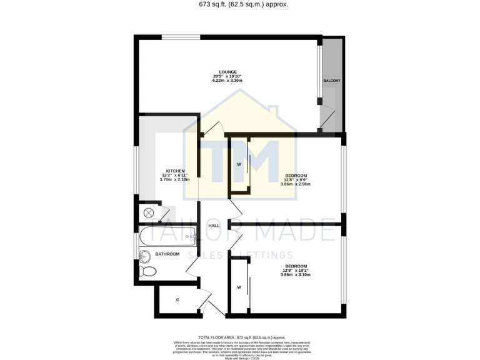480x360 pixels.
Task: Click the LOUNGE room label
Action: click(227, 72)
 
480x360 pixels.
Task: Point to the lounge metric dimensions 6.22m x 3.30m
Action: click(227, 81)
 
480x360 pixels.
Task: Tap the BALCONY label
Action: click(331, 81)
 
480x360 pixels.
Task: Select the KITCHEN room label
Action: click(174, 171)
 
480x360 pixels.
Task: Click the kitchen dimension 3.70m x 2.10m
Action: click(174, 179)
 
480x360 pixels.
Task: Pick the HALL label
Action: click(214, 226)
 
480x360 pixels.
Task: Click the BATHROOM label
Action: click(167, 254)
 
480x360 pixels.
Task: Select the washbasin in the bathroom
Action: click(145, 255)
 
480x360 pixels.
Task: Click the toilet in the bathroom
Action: click(147, 271)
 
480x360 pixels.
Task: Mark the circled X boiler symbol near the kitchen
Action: click(149, 213)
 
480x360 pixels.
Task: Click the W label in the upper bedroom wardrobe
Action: click(239, 164)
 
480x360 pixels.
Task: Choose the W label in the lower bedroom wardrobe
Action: click(239, 287)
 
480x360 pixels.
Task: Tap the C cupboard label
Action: click(177, 300)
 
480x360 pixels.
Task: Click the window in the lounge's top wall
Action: click(181, 37)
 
